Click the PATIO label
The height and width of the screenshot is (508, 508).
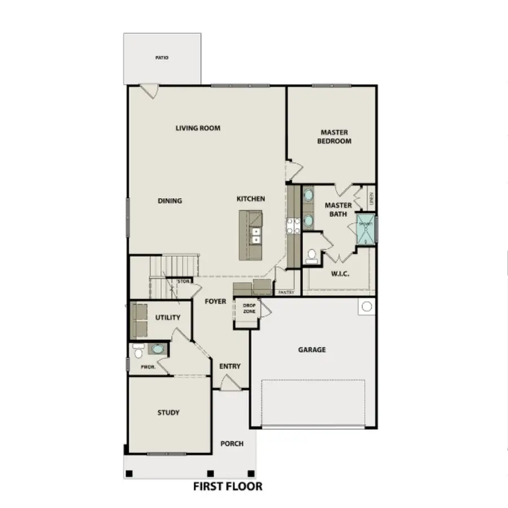coord(162,58)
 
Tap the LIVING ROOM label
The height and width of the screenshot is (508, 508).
coord(198,128)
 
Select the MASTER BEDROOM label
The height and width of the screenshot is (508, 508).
coord(334,137)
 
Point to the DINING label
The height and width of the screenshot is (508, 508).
coord(169,201)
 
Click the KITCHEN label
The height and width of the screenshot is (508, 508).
coord(251,199)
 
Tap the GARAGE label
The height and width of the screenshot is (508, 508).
coord(312,350)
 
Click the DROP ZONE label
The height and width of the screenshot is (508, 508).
coord(249,308)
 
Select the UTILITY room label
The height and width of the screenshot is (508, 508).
coord(168,318)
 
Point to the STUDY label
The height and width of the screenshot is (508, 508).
coord(168,413)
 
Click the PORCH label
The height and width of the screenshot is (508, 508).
coord(232,444)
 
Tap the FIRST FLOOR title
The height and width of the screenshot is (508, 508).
coord(227,486)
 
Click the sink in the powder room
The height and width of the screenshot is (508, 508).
coord(156,349)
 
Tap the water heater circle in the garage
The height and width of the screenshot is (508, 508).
coord(366,307)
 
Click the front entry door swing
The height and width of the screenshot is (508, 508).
coord(230,384)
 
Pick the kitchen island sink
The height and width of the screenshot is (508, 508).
coord(256,235)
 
